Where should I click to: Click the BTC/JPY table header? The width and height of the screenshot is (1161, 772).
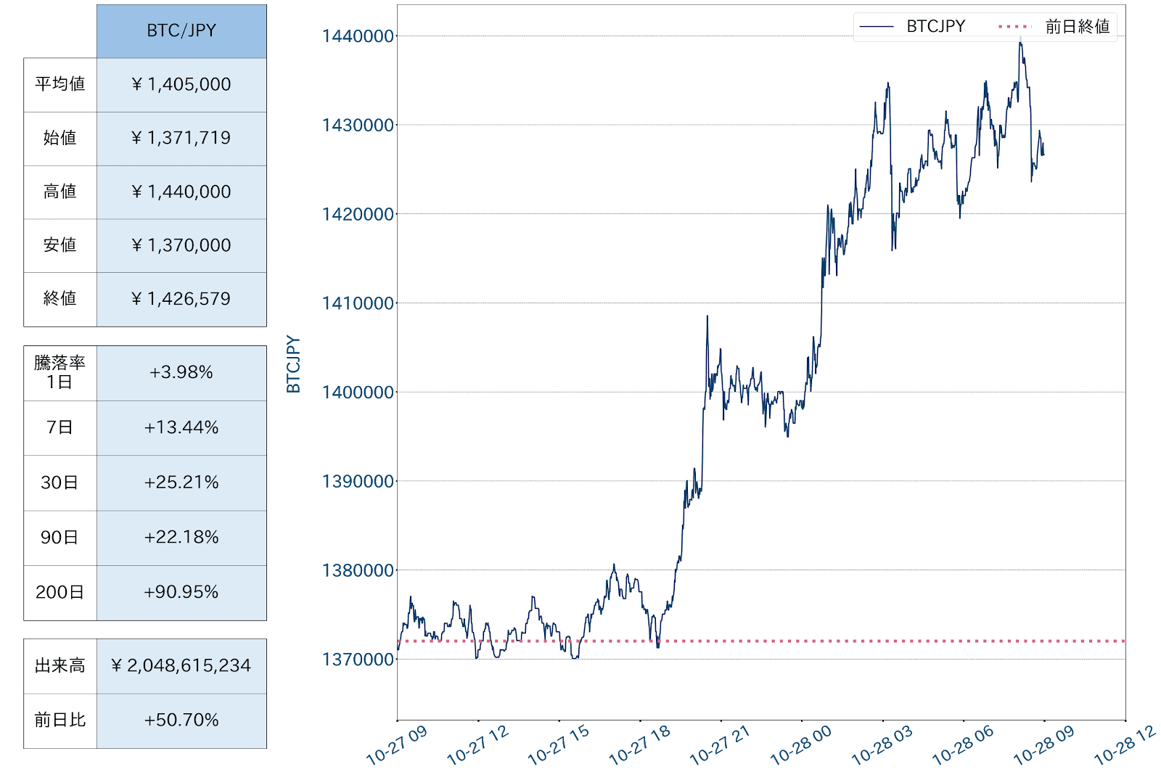(x=181, y=30)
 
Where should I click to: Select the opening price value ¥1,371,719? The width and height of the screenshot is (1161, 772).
(x=181, y=138)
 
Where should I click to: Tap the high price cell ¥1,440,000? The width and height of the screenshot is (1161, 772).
(x=181, y=192)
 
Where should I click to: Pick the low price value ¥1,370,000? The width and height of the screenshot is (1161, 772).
(x=181, y=245)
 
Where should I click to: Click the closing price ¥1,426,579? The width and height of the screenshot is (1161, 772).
(x=181, y=299)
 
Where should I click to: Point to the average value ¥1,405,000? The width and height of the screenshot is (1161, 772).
(x=181, y=84)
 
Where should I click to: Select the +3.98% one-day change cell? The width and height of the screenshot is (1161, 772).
(x=181, y=372)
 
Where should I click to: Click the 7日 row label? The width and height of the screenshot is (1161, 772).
(x=60, y=427)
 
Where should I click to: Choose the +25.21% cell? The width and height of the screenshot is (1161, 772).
(x=181, y=482)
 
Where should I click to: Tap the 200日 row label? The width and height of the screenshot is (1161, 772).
(x=60, y=592)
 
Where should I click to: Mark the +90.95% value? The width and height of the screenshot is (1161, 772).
(x=181, y=592)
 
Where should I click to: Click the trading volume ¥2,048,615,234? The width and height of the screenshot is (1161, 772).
(x=181, y=665)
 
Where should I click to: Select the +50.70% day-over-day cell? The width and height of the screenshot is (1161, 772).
(x=181, y=720)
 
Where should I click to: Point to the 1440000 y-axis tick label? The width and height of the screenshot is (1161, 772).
(x=358, y=36)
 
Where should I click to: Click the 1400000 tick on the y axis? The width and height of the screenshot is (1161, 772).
(x=358, y=393)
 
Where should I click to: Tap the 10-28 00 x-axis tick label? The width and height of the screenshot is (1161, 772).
(x=800, y=745)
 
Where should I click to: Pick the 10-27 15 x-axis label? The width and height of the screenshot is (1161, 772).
(x=558, y=745)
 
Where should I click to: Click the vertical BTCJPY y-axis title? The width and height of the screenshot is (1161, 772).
(x=293, y=364)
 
